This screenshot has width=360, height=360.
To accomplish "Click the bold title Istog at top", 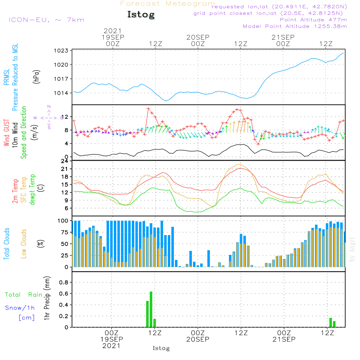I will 141,15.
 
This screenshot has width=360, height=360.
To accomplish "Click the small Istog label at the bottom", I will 161,348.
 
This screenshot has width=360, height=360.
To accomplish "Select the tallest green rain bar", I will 151,309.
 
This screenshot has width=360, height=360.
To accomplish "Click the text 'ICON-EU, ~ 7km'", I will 46,20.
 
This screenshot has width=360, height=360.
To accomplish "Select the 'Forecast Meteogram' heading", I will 168,4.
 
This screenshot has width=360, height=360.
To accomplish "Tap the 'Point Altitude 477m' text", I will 313,19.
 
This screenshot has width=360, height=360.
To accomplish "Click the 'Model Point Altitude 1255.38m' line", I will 295,26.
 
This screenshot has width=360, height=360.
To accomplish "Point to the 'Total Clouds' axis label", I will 7,244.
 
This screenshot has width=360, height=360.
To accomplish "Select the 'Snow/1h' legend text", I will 20,308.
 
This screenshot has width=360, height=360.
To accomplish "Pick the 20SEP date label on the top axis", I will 198,37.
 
